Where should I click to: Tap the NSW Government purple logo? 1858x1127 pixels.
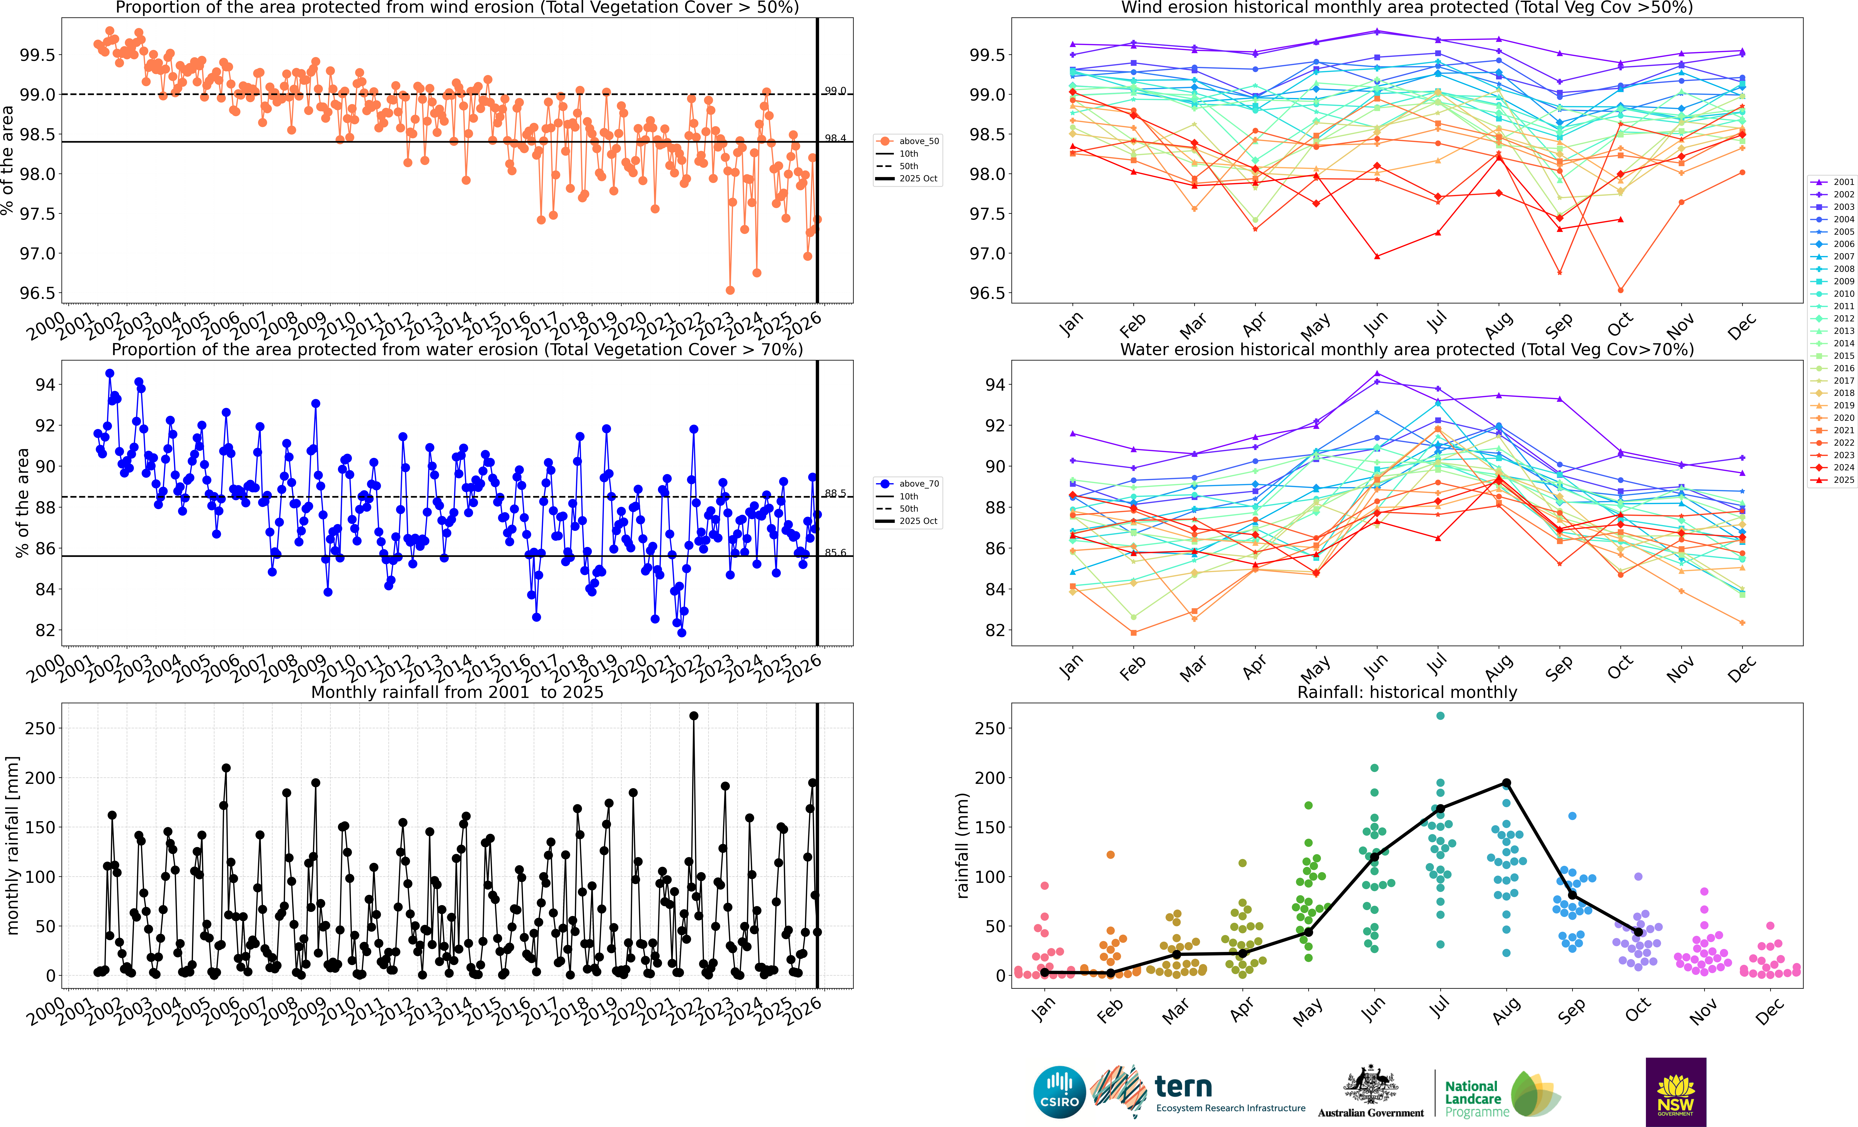(x=1676, y=1092)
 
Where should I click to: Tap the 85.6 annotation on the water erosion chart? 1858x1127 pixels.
(x=835, y=553)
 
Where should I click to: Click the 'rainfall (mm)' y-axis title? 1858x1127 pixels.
(x=962, y=846)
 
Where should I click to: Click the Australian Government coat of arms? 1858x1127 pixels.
(x=1370, y=1086)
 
